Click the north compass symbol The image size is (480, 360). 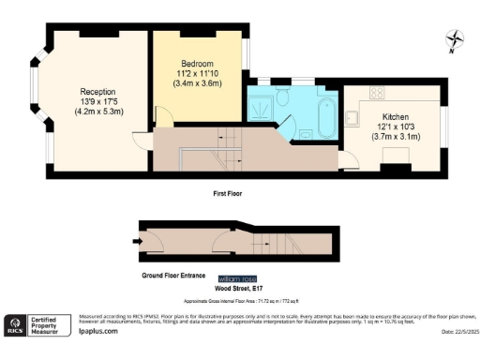(x=455, y=39)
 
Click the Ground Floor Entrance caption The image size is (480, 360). (x=172, y=277)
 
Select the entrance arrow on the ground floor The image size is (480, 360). (x=137, y=241)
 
